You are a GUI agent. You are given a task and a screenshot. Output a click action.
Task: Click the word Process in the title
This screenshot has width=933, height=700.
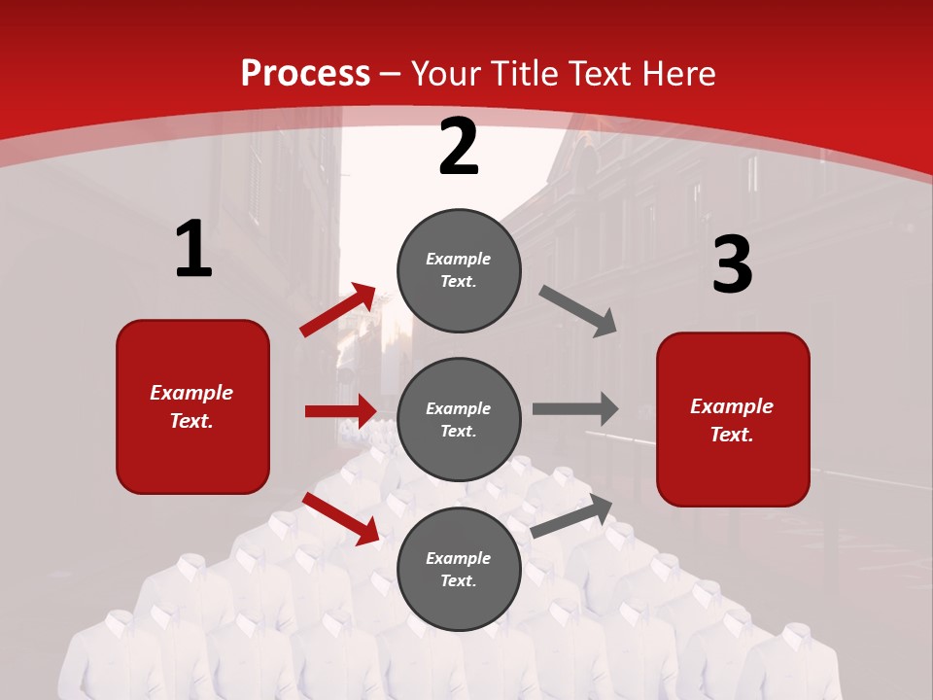coord(305,73)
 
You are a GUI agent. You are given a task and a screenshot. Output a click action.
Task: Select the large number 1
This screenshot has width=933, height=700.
coord(193,250)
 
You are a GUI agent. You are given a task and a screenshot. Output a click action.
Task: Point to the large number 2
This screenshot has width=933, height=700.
coord(459,147)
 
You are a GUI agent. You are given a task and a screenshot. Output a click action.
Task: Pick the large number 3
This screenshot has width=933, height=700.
coord(732,264)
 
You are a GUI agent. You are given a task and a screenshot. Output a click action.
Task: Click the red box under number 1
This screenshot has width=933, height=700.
coord(192,406)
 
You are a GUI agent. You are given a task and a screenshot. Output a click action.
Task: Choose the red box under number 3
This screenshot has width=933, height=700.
coord(733,420)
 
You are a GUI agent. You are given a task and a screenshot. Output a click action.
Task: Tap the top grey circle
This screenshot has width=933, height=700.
coord(459,270)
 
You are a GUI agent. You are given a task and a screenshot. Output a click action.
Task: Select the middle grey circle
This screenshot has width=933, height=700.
coord(459,420)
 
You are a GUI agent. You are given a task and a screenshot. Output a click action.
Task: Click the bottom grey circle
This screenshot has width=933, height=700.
coord(459,570)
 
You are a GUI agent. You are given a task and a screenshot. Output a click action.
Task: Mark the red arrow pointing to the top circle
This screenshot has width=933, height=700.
coord(337,310)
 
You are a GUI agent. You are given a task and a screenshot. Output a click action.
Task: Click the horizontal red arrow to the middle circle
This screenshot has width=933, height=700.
coord(340,411)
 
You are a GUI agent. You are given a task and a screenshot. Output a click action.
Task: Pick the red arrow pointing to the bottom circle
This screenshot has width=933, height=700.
coord(340,518)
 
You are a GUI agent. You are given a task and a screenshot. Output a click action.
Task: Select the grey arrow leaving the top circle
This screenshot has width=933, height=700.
coord(577,310)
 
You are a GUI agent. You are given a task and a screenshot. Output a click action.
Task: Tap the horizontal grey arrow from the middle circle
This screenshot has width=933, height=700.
coord(574,409)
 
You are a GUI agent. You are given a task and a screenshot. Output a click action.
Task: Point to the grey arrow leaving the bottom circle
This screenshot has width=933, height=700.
coord(571,516)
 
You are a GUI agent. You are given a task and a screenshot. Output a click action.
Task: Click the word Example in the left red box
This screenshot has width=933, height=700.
coord(191,393)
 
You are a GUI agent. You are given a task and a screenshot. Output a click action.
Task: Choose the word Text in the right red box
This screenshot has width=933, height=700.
coord(731,435)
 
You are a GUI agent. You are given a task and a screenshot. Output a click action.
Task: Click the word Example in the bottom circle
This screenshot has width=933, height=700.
coord(458,558)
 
